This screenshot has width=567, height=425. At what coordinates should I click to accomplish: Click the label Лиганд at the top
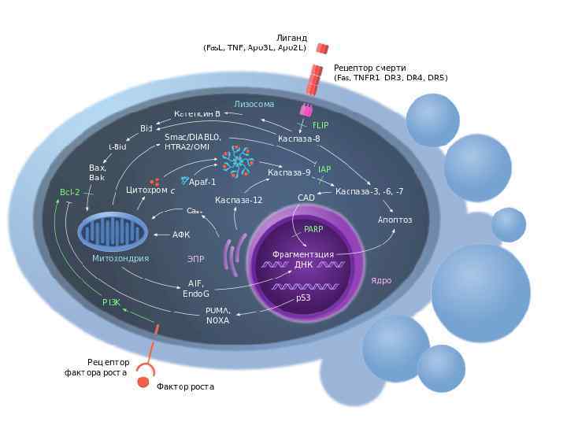[x=291, y=37]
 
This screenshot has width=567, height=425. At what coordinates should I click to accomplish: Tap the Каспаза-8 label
[x=299, y=139]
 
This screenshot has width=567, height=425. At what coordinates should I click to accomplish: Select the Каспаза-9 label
[x=289, y=172]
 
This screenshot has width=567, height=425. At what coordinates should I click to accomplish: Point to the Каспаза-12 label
[x=239, y=200]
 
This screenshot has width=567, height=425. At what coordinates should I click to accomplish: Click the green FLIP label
[x=321, y=125]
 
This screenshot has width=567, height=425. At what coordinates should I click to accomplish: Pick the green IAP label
[x=324, y=169]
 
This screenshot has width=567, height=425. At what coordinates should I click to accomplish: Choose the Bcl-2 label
[x=70, y=192]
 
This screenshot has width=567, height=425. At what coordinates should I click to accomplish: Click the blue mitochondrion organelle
[x=113, y=232]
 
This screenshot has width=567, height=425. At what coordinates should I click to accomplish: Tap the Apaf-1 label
[x=202, y=182]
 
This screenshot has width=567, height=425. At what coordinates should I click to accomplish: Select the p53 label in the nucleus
[x=303, y=298]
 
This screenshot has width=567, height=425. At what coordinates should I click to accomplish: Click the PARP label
[x=313, y=229]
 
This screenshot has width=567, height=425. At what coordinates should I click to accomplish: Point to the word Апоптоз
[x=395, y=220]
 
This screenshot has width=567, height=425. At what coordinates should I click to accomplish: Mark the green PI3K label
[x=112, y=302]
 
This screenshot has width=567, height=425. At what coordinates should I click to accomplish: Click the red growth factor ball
[x=143, y=382]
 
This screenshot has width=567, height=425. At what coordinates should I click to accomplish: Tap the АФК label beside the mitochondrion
[x=182, y=235]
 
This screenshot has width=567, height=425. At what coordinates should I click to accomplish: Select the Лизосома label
[x=254, y=104]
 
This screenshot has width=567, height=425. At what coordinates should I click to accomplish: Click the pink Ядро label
[x=381, y=280]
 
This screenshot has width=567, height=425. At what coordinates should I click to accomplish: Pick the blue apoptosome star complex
[x=236, y=161]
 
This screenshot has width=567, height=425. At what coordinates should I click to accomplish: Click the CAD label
[x=306, y=198]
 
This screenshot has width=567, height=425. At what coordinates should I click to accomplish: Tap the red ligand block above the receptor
[x=322, y=48]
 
